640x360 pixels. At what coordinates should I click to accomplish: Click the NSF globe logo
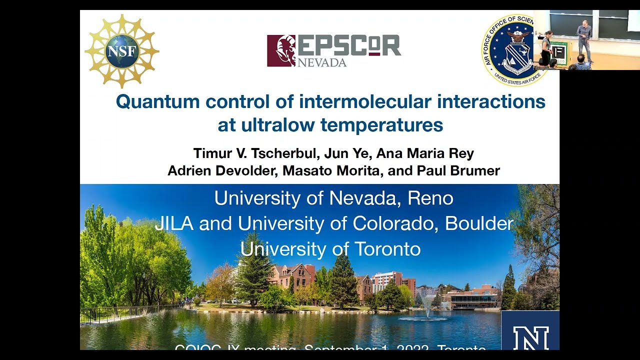tap(121, 51)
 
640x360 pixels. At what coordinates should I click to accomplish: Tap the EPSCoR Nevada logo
tap(333, 50)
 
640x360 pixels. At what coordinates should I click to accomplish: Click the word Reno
tap(430, 198)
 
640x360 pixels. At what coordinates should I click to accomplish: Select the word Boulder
tap(479, 223)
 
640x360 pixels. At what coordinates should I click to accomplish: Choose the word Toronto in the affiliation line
tap(387, 249)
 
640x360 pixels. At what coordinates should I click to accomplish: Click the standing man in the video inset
tap(583, 40)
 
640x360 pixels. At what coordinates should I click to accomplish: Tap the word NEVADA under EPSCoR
tap(322, 62)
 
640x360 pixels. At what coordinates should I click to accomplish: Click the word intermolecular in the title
tap(364, 102)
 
